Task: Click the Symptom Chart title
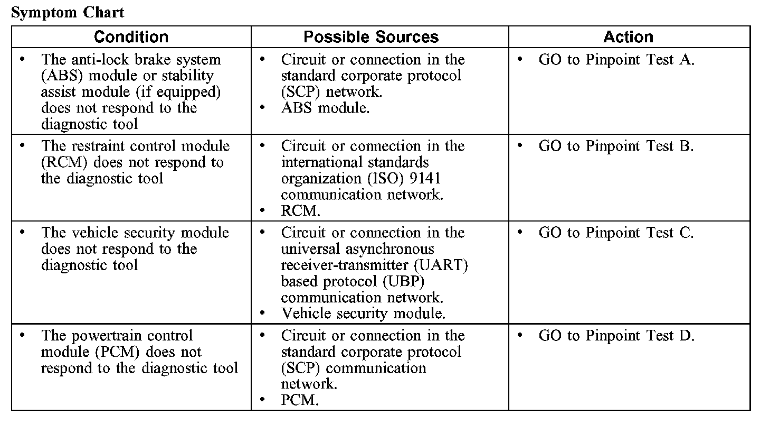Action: click(x=68, y=12)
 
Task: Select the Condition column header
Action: click(x=131, y=36)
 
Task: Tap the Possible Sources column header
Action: click(x=371, y=36)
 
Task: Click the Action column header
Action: click(x=628, y=36)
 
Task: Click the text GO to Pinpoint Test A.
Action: click(x=616, y=60)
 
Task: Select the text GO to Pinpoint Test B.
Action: click(x=616, y=146)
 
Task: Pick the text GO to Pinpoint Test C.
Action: click(x=616, y=233)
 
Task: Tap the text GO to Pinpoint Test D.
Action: click(x=616, y=336)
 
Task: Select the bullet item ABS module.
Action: click(x=325, y=108)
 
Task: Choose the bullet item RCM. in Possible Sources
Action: click(x=301, y=211)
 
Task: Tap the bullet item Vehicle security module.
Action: click(x=363, y=313)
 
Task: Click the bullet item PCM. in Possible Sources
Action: click(x=300, y=400)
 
